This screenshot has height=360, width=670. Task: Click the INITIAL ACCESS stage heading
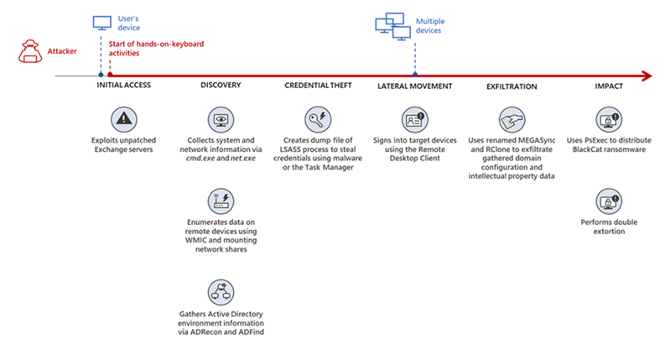tap(123, 86)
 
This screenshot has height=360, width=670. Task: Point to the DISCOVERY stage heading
tap(221, 86)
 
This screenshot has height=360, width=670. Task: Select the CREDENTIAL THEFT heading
tap(319, 86)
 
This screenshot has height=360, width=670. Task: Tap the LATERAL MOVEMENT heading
tap(415, 86)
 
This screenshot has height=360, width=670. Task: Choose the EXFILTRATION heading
tap(512, 86)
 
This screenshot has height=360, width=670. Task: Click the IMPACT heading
tap(608, 86)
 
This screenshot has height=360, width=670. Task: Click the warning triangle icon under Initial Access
tap(124, 117)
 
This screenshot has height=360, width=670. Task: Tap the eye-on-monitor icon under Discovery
tap(221, 117)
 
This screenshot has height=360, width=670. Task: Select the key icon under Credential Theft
tap(319, 117)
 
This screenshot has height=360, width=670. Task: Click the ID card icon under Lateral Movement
tap(414, 117)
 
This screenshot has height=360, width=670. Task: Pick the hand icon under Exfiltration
tap(512, 117)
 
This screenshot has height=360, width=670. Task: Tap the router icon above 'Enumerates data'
tap(221, 201)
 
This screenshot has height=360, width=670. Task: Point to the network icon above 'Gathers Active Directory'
tap(221, 292)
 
